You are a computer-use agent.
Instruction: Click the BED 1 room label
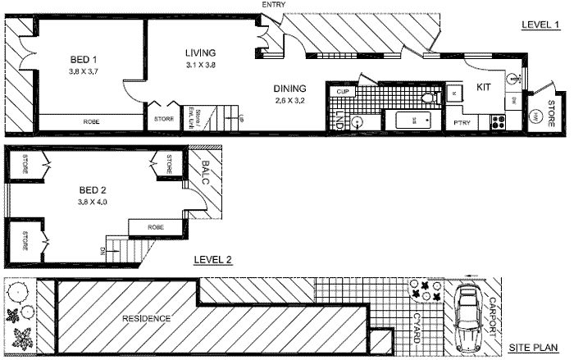[83, 59]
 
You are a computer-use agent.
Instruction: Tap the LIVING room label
[199, 53]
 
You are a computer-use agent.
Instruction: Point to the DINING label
[290, 89]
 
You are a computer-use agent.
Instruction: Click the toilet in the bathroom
[426, 99]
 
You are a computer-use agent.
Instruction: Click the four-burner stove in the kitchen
[497, 123]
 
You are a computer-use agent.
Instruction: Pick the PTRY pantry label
[461, 124]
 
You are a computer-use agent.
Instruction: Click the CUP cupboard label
[344, 91]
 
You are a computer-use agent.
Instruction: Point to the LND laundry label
[340, 122]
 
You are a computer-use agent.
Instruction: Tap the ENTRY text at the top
[273, 5]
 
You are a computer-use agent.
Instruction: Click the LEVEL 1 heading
[540, 25]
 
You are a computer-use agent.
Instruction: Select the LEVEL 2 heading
[213, 260]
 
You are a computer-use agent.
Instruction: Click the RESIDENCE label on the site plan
[147, 318]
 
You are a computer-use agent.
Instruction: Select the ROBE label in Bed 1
[91, 122]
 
